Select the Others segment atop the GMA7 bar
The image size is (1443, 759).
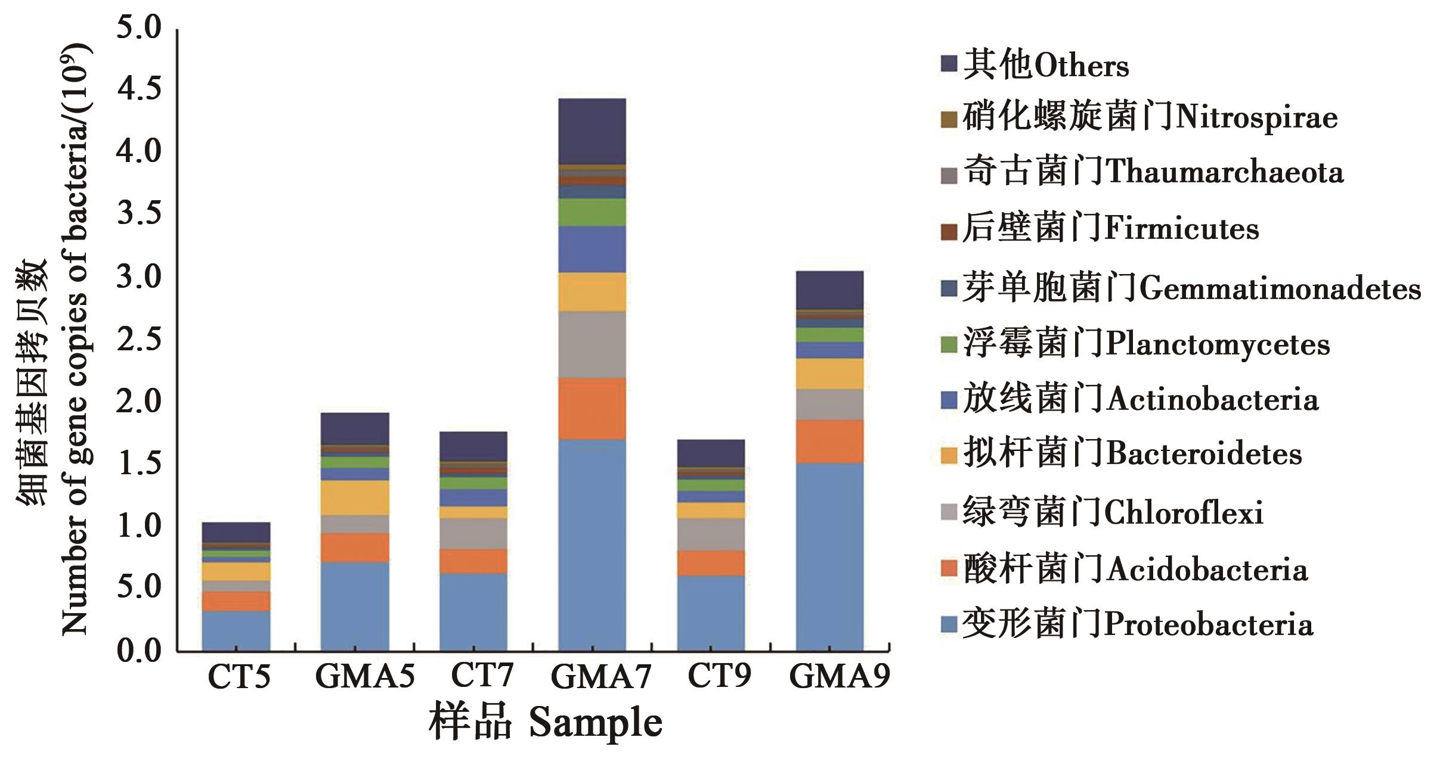(592, 131)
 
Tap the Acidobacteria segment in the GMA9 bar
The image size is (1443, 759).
(829, 441)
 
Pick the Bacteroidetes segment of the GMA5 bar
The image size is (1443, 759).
(355, 497)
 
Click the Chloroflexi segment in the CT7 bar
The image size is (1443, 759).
(473, 533)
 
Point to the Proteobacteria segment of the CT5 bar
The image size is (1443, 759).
(236, 630)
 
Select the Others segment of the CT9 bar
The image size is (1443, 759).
(711, 453)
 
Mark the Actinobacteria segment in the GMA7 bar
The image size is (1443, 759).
(592, 249)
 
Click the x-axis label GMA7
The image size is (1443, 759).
(600, 676)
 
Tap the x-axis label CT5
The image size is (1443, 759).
(239, 676)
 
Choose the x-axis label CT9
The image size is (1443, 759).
(719, 676)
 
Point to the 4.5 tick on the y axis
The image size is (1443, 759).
(139, 89)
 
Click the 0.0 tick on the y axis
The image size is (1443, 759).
(139, 650)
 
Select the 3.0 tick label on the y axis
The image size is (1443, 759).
(139, 276)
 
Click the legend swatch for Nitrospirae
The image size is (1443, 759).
(949, 120)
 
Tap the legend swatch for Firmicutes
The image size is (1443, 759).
(949, 232)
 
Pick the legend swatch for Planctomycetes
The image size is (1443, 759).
(949, 344)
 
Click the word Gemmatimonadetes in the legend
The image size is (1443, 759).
(1280, 290)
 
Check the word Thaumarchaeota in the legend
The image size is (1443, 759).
(1225, 173)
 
